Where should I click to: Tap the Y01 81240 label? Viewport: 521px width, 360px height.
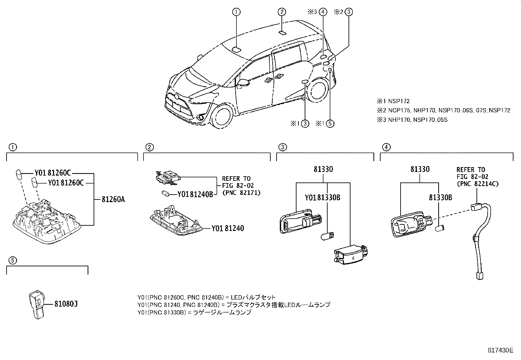227,228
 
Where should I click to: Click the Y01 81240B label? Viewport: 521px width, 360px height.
195,194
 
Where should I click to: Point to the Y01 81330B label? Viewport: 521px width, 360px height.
322,198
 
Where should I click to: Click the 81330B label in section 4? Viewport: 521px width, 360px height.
440,198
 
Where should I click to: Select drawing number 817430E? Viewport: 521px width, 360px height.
500,350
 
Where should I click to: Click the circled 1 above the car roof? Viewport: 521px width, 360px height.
236,12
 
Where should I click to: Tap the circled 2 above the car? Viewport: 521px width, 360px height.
282,12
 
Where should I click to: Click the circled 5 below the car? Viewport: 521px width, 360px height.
330,123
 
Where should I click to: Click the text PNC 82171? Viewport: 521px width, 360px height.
241,193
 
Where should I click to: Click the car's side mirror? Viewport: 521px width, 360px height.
243,83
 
